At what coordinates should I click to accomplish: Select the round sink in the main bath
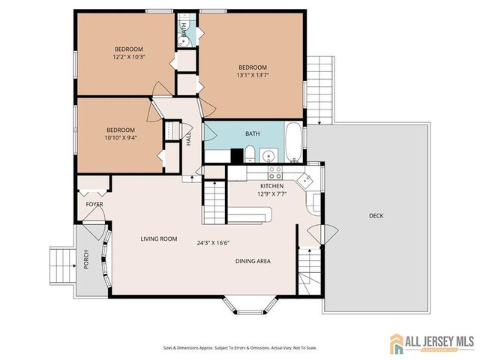tap(268, 156)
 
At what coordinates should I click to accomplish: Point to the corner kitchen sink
tap(305, 178)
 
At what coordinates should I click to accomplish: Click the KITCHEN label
tap(271, 185)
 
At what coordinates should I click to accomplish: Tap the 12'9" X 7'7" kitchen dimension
tap(271, 194)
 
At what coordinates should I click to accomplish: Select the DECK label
tap(376, 216)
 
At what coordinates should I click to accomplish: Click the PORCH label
tap(86, 259)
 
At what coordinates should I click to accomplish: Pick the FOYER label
tap(94, 204)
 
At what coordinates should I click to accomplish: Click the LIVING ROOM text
tap(159, 239)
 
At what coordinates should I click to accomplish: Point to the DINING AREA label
tap(253, 261)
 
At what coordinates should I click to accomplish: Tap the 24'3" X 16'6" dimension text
tap(214, 242)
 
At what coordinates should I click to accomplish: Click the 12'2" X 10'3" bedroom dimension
tap(128, 55)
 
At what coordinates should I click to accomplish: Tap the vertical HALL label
tap(189, 138)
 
